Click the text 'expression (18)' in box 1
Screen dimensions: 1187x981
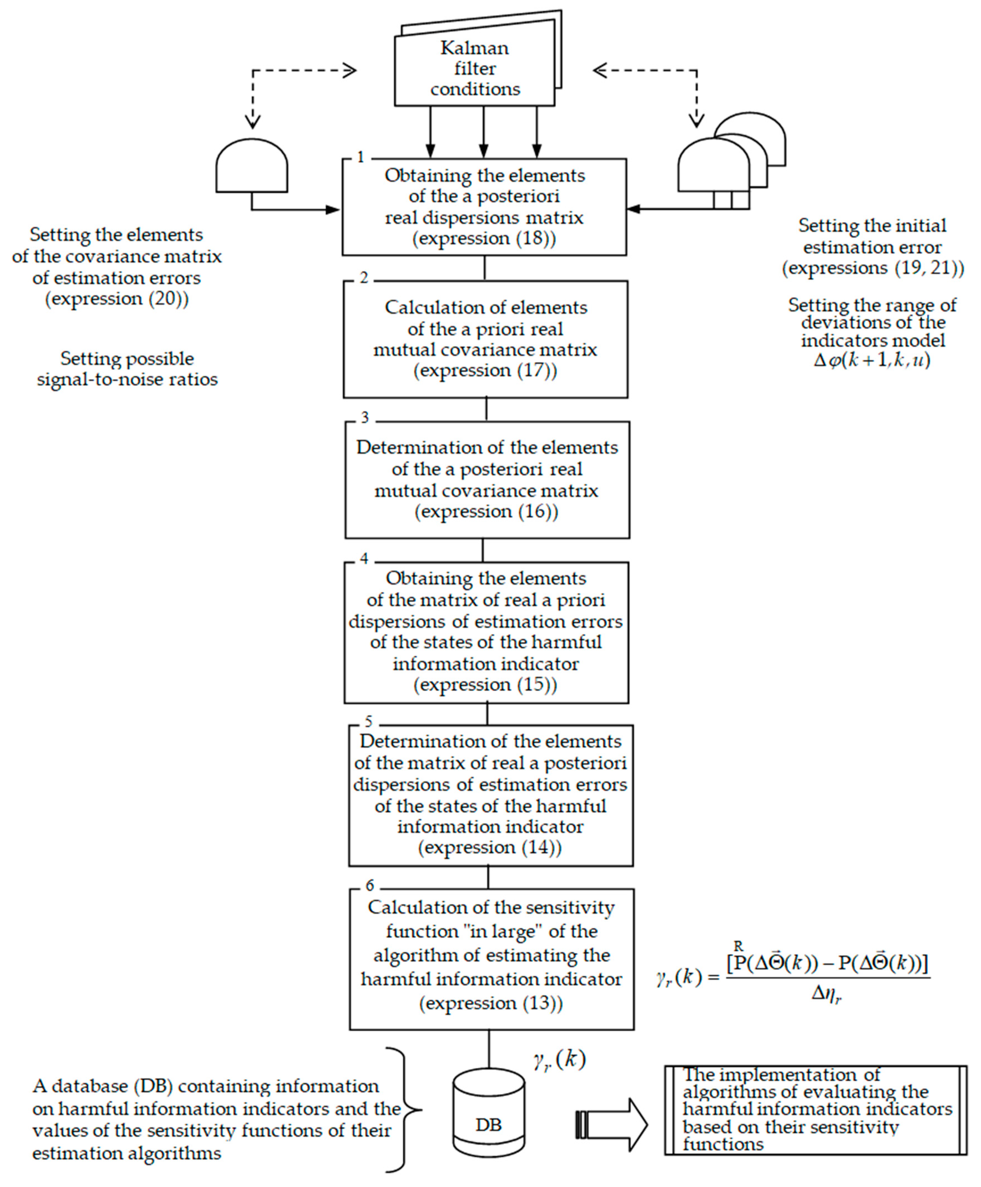click(x=484, y=238)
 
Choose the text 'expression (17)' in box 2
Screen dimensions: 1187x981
click(x=485, y=371)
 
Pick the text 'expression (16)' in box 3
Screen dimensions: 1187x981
click(x=486, y=511)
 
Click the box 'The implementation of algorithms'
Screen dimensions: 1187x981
click(x=815, y=1110)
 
